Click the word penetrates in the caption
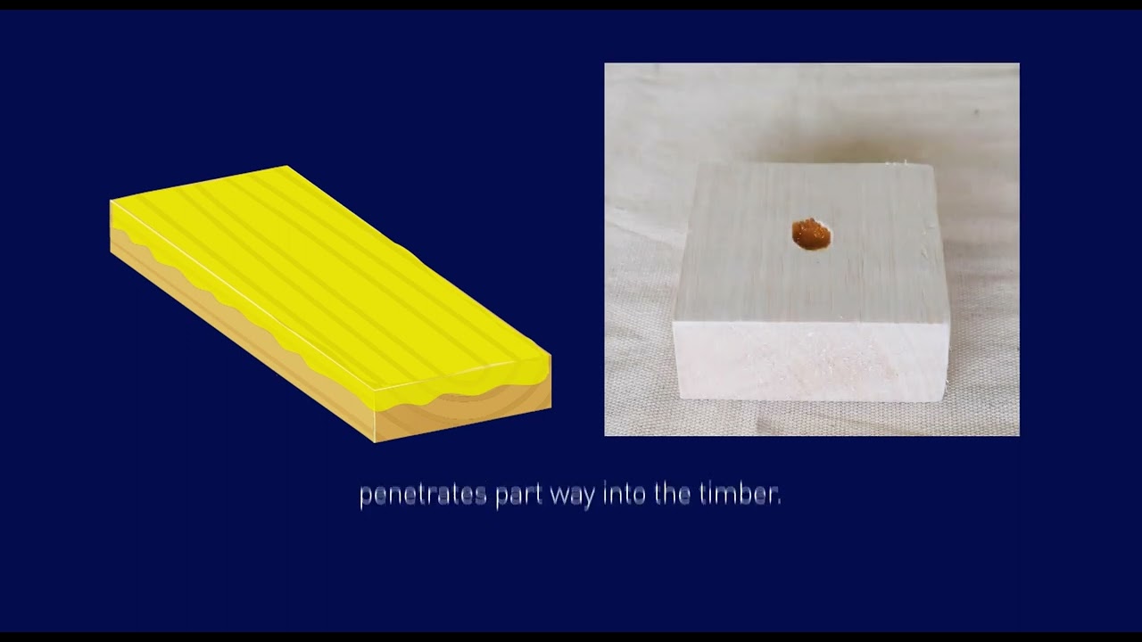[x=423, y=495]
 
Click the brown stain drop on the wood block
[x=811, y=235]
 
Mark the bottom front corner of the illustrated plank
[x=376, y=441]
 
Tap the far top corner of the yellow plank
[x=286, y=166]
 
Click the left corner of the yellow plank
[x=111, y=202]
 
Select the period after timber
[x=778, y=502]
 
